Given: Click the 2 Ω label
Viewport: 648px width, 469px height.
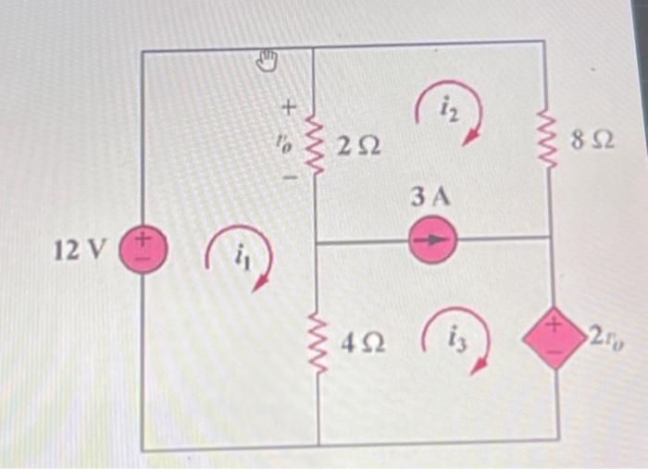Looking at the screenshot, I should pyautogui.click(x=356, y=145).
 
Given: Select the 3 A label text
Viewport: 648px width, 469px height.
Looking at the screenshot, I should pyautogui.click(x=429, y=197).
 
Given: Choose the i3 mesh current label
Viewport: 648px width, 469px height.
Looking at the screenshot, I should pyautogui.click(x=458, y=337).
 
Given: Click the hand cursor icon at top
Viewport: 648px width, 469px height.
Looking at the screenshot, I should pyautogui.click(x=266, y=61).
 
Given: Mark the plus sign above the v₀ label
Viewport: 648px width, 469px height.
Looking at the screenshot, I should pyautogui.click(x=289, y=110).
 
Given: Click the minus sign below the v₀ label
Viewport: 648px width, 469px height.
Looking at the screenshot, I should pyautogui.click(x=288, y=176).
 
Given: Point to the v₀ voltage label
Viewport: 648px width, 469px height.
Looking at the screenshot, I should pyautogui.click(x=288, y=143).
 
